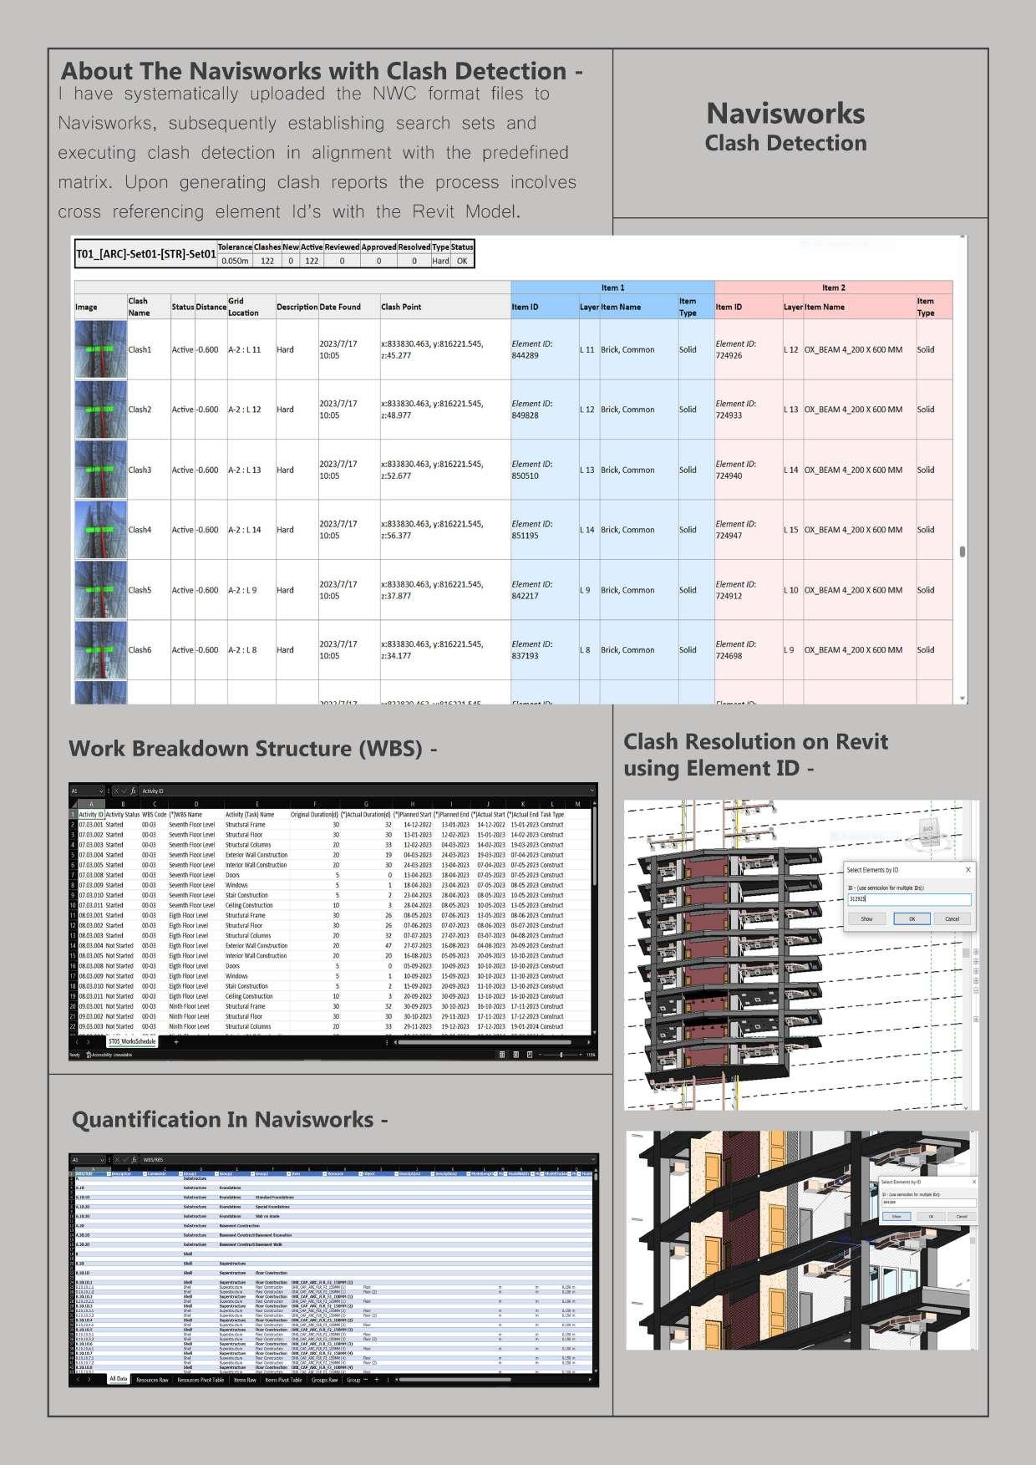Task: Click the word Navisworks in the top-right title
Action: (785, 114)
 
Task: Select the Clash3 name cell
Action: (140, 470)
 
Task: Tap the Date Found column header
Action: (340, 307)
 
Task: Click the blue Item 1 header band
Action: (612, 287)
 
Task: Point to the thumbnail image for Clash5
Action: (101, 590)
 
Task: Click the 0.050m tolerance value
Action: (235, 261)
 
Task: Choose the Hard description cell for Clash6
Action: (285, 650)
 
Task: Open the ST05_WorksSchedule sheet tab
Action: (132, 1042)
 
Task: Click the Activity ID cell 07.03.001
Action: (90, 825)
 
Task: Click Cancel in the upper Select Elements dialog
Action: (952, 918)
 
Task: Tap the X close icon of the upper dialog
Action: (968, 870)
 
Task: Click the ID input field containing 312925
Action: (908, 899)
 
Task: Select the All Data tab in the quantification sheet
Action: (118, 1380)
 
